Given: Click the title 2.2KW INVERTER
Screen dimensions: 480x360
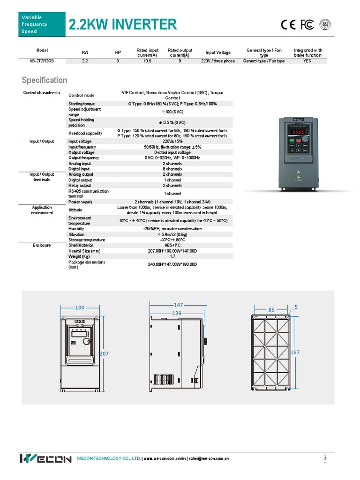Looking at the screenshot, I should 123,24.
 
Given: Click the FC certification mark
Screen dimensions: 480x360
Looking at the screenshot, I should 307,25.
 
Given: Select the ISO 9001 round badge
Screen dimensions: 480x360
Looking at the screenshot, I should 325,24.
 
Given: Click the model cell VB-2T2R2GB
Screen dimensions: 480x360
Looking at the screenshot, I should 42,61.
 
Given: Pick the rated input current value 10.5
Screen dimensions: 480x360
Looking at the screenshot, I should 147,61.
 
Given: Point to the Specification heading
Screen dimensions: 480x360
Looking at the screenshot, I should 45,80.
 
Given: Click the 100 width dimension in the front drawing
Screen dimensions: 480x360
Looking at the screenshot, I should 80,307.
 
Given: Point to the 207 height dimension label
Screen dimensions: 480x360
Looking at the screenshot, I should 104,354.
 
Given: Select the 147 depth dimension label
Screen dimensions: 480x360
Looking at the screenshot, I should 178,305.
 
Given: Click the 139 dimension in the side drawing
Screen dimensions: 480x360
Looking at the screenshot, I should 176,313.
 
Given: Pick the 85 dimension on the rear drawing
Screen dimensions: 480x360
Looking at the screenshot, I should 271,310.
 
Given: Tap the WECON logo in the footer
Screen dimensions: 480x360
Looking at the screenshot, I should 45,458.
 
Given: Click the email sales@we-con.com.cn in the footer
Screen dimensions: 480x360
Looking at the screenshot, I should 209,458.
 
